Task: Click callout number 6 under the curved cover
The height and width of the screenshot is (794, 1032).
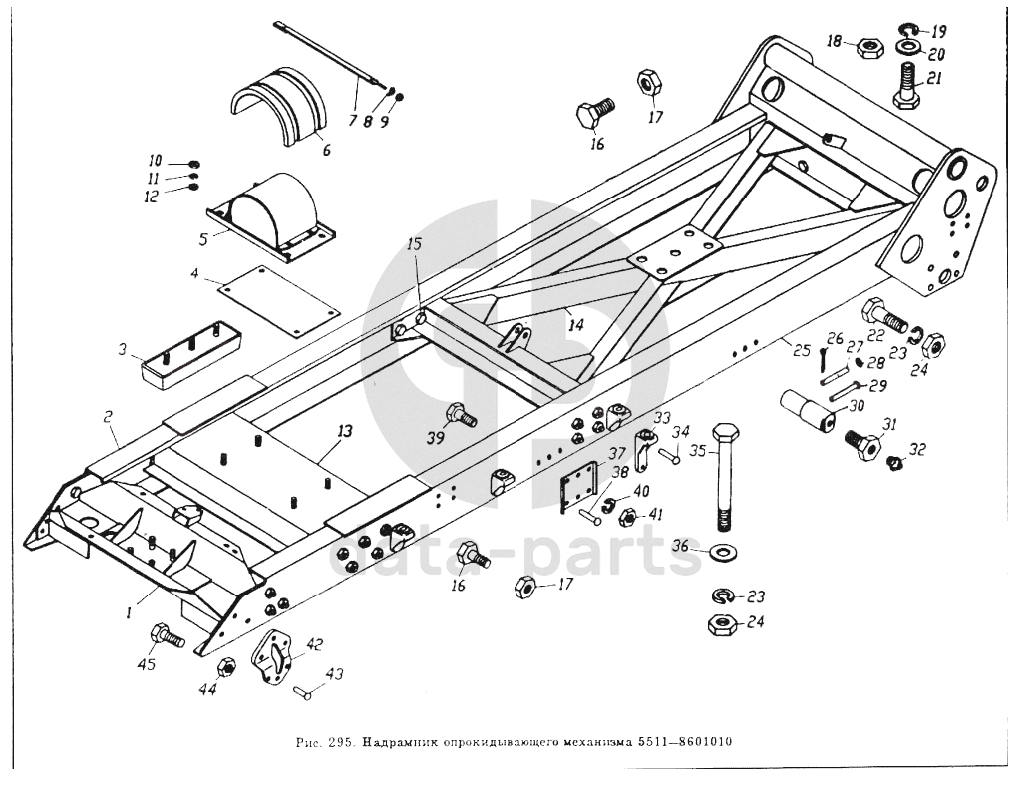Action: click(x=326, y=151)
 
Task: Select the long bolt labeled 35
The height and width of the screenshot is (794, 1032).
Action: click(x=724, y=479)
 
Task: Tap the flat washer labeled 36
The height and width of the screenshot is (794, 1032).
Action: click(x=723, y=551)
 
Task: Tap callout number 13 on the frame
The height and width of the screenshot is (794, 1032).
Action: click(x=345, y=431)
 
